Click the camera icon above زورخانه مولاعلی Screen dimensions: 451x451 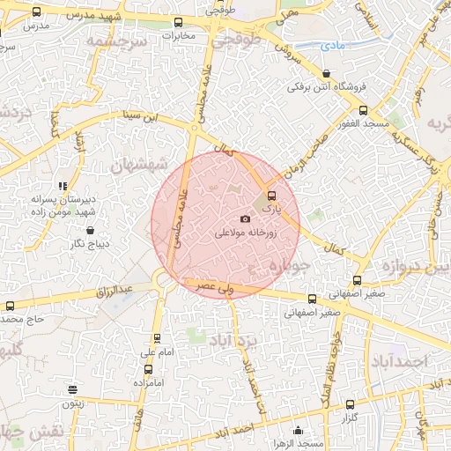[245, 218]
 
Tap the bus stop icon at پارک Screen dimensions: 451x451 [270, 196]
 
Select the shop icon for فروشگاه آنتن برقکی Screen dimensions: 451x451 [327, 74]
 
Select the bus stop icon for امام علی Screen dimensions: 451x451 [158, 338]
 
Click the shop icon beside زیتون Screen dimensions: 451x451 [72, 389]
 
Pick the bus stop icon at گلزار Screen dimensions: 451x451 [351, 404]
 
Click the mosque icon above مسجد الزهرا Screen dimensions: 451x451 [299, 431]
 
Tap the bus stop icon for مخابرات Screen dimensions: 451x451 [178, 23]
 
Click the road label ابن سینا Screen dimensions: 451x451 [143, 115]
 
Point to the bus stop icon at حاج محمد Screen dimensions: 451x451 [10, 306]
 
